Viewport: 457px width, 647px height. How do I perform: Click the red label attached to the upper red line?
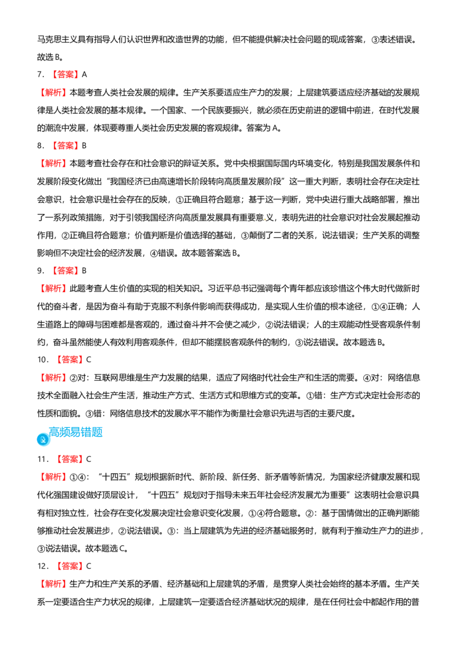[x=65, y=74]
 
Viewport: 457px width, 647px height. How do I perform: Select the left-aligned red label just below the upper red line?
[x=54, y=93]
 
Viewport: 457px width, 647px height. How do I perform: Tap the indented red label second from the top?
[x=66, y=145]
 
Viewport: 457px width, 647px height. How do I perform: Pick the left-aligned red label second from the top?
[x=54, y=163]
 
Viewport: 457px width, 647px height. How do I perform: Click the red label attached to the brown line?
[x=66, y=271]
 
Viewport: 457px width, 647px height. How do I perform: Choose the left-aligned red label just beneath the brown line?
[x=54, y=288]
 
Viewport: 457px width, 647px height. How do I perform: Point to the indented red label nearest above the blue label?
[x=70, y=359]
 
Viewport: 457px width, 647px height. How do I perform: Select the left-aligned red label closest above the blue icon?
[x=54, y=377]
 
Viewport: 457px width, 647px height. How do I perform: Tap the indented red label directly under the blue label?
[x=70, y=459]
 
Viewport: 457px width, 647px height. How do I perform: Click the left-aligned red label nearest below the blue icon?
[x=54, y=477]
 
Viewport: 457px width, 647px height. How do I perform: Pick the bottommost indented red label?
[x=69, y=566]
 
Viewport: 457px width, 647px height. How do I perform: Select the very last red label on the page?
[x=54, y=584]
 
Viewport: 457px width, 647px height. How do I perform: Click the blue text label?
[x=76, y=432]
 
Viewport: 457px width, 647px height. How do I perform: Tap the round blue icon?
[x=43, y=440]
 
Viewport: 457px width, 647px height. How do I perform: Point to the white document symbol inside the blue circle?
[x=43, y=440]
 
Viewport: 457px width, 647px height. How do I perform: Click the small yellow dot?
[x=265, y=219]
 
